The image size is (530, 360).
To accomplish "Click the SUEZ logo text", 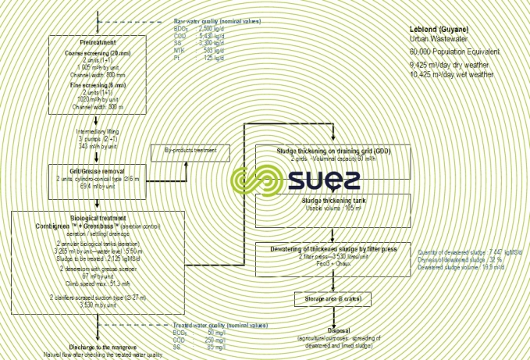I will coord(320,180).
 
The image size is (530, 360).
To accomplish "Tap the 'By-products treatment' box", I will coord(191,149).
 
